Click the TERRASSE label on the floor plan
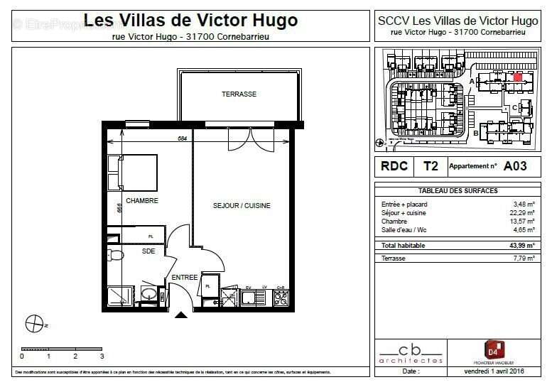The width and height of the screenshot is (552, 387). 239,94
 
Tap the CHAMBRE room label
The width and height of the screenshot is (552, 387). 141,201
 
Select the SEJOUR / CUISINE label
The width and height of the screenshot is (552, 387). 242,206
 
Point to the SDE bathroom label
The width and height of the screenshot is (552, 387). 148,251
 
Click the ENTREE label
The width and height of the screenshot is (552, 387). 184,278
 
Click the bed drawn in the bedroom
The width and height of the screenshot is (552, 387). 132,173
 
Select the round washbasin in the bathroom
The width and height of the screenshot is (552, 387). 149,293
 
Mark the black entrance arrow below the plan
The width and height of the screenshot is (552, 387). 182,316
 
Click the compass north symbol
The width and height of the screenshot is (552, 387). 33,324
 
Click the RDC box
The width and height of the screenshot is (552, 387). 394,166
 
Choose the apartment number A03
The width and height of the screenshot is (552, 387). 515,166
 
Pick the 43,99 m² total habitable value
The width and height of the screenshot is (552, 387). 523,245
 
